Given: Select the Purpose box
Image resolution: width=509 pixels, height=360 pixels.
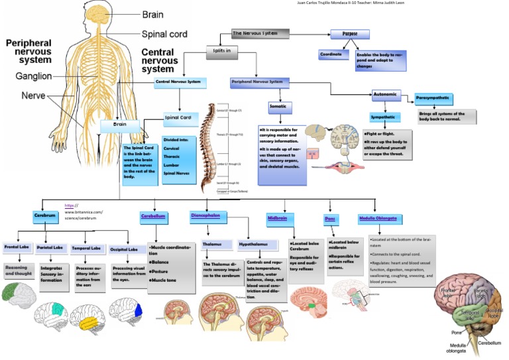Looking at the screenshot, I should pyautogui.click(x=349, y=33).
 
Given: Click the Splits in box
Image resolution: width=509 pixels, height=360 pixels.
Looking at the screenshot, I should pyautogui.click(x=223, y=50).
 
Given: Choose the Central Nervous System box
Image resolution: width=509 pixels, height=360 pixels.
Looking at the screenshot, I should pyautogui.click(x=181, y=83).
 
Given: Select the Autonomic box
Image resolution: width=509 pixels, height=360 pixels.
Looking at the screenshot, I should pyautogui.click(x=387, y=95).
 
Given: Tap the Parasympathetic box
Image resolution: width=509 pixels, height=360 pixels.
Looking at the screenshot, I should pyautogui.click(x=434, y=98).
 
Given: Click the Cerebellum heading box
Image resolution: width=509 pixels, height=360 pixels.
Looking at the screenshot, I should pyautogui.click(x=154, y=216).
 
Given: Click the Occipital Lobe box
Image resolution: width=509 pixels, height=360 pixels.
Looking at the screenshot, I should pyautogui.click(x=125, y=250).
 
